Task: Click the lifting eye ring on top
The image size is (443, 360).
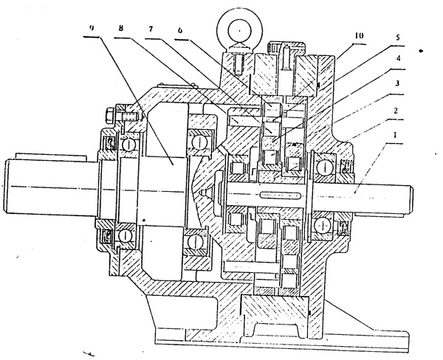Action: [x=241, y=30]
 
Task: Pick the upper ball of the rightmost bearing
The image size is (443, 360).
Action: [x=322, y=165]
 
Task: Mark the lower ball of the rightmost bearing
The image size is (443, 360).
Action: [x=322, y=224]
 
